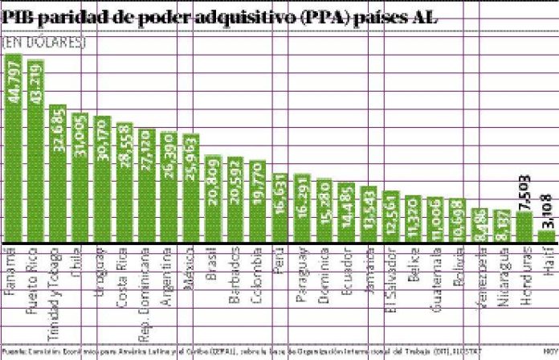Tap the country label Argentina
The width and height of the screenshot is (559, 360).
coord(169,276)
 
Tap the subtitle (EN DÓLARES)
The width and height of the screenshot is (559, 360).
coord(43,41)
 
